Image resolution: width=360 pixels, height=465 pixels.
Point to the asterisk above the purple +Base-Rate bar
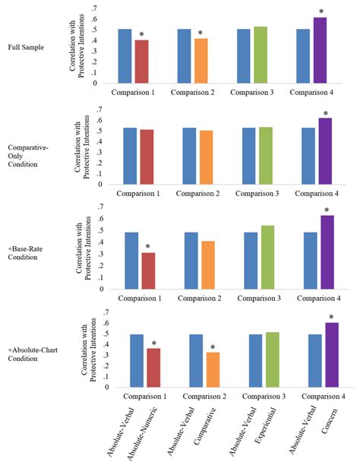point(327,210)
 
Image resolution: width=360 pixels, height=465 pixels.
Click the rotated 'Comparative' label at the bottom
point(201,429)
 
